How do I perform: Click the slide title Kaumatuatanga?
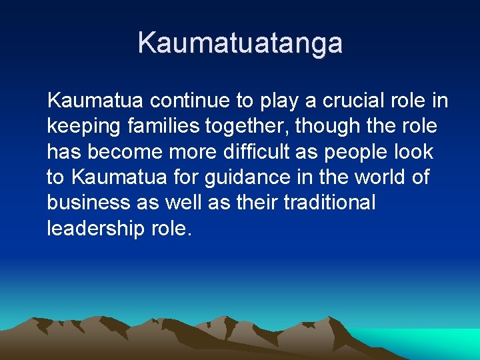pos(240,43)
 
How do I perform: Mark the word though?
pos(329,127)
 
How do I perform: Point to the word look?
pos(417,151)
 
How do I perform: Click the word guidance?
pos(252,178)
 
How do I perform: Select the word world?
pos(375,177)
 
